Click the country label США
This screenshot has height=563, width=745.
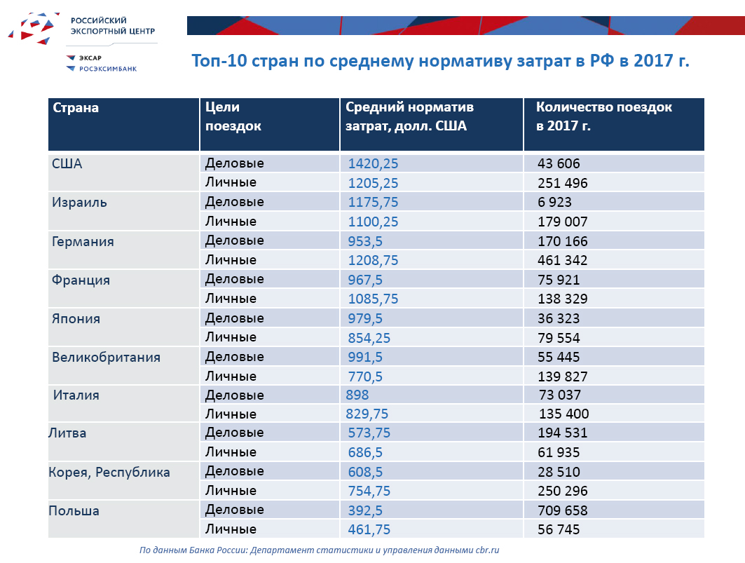67,164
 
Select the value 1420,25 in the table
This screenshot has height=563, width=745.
373,164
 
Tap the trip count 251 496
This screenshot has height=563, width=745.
562,183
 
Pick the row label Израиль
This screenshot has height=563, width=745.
79,203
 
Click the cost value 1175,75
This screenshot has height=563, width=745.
373,203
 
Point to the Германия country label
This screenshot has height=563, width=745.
83,241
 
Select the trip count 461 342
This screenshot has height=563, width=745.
562,260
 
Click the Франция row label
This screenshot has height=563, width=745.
81,280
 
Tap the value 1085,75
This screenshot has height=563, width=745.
373,299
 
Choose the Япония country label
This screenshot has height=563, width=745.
76,318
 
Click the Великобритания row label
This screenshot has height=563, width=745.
106,357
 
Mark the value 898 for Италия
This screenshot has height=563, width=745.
357,395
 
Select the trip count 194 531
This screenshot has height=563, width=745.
562,433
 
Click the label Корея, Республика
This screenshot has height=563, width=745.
109,472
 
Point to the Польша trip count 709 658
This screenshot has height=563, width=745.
562,510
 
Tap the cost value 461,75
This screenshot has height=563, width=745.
369,529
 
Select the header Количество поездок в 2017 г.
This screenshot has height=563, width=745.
603,116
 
